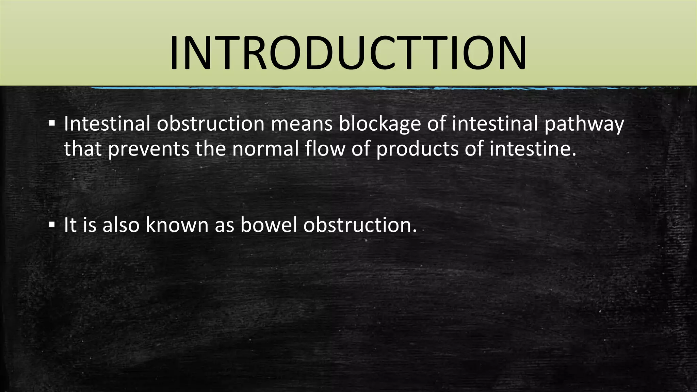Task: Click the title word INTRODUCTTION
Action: pos(348,54)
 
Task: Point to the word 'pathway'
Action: pos(584,124)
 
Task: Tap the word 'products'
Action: pos(418,149)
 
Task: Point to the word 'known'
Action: pos(177,225)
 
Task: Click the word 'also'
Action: pos(121,225)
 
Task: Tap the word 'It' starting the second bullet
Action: pos(70,225)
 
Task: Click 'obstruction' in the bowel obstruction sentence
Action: pos(360,225)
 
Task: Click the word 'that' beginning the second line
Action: pos(83,149)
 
